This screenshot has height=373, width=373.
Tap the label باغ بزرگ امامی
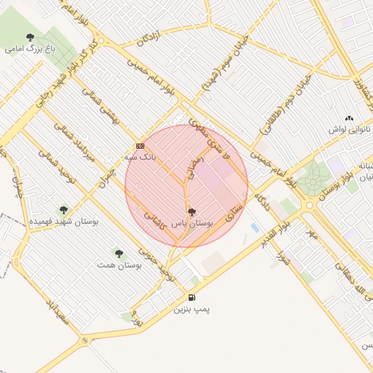[x=30, y=50]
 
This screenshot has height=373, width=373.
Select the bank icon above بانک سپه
[x=140, y=146]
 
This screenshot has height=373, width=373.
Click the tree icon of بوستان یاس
[x=191, y=212]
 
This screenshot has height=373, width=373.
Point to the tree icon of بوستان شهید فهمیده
[x=63, y=209]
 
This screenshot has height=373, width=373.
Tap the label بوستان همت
[x=118, y=266]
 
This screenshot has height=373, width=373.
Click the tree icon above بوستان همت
[x=119, y=254]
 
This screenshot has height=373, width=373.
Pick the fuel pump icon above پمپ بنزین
[x=192, y=297]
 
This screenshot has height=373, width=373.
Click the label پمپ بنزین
[x=192, y=310]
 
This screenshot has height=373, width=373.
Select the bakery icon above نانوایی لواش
[x=349, y=118]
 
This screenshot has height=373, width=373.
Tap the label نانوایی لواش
[x=349, y=130]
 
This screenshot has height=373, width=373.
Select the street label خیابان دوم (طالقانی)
[x=280, y=110]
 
